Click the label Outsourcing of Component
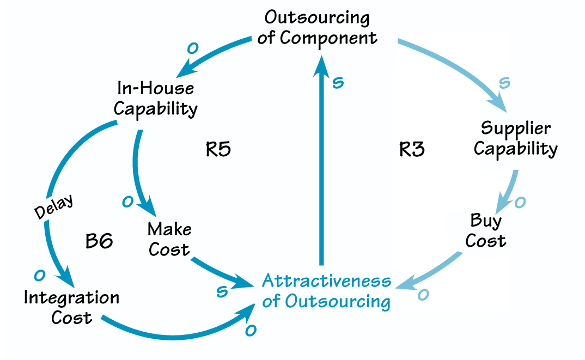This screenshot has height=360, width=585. (317, 28)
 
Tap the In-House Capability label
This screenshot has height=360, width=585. (155, 98)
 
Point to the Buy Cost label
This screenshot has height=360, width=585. (486, 230)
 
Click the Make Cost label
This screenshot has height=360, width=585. (169, 239)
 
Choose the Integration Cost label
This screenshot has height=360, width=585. (71, 307)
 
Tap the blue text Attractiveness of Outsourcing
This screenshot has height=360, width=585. (326, 291)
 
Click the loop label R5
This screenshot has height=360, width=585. (218, 149)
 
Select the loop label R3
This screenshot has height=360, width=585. (412, 149)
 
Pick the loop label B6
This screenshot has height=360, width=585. (99, 241)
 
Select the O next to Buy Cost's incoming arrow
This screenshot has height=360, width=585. (520, 203)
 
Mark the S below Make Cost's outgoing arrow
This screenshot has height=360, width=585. (221, 291)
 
